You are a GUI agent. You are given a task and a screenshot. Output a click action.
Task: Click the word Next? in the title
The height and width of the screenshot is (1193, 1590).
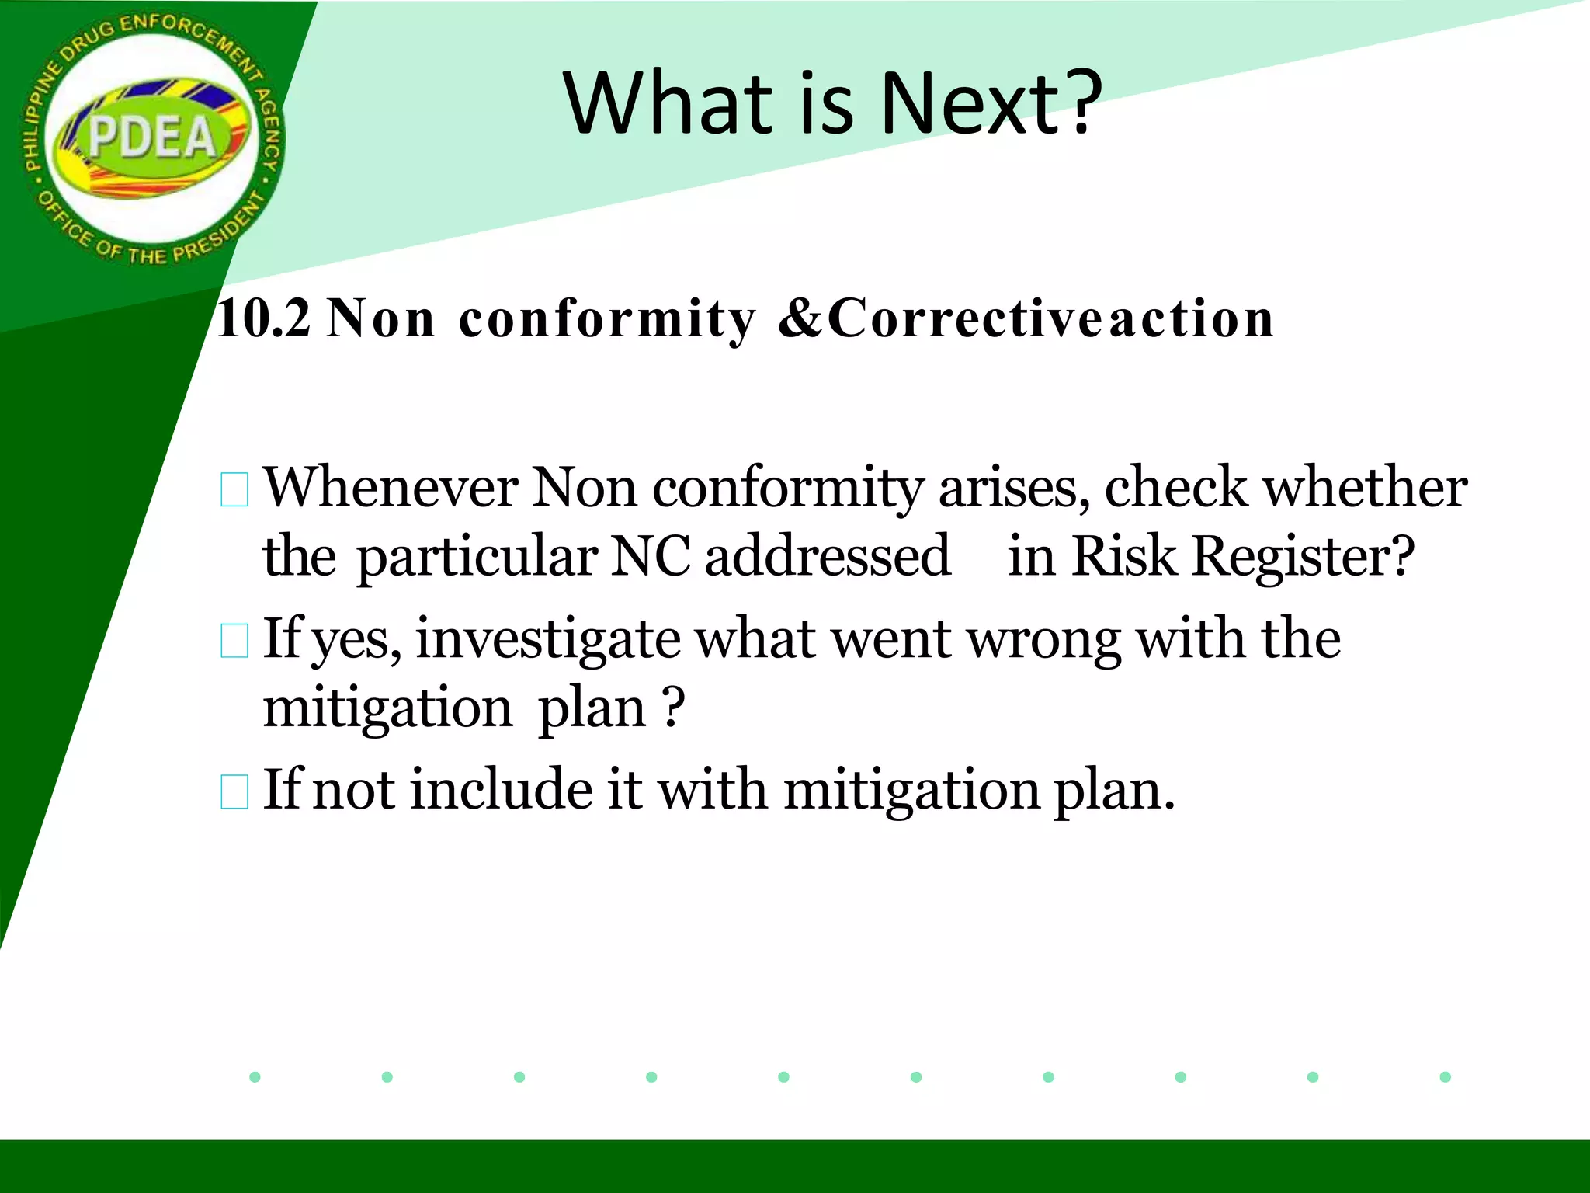click(991, 103)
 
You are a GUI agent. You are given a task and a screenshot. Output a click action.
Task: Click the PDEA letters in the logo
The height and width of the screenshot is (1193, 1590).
click(152, 138)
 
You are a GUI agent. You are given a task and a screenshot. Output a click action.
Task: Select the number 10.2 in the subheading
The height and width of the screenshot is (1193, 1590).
click(264, 318)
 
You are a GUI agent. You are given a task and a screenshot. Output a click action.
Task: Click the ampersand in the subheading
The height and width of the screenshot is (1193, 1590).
click(801, 318)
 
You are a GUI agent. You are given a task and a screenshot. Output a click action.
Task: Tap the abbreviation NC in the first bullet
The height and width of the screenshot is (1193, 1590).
click(650, 557)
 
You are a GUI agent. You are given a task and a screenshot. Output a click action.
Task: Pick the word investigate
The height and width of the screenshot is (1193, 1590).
click(547, 640)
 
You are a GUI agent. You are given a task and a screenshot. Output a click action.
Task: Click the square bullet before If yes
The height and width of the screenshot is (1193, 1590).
click(234, 642)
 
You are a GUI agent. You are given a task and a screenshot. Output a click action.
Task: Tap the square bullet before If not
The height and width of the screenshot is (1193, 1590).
click(234, 792)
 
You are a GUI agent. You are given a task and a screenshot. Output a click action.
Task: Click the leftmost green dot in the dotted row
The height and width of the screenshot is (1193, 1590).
click(255, 1076)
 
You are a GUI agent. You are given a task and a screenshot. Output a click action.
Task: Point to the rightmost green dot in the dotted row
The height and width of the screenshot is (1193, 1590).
click(1445, 1076)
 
